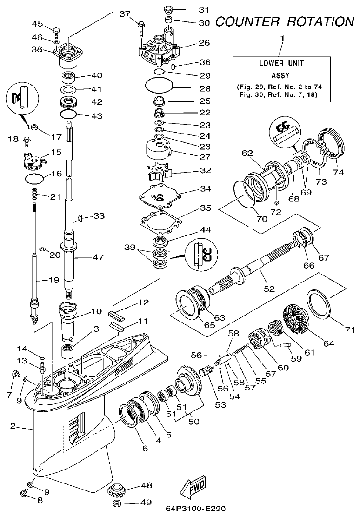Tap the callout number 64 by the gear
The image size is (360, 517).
pyautogui.click(x=328, y=343)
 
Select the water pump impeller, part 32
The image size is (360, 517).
pyautogui.click(x=159, y=172)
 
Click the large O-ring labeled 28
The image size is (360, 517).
pyautogui.click(x=159, y=86)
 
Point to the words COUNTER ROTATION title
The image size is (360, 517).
pyautogui.click(x=285, y=21)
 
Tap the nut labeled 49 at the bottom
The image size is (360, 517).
pyautogui.click(x=118, y=504)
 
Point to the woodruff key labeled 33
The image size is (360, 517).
pyautogui.click(x=80, y=217)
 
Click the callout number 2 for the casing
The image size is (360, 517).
pyautogui.click(x=13, y=425)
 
